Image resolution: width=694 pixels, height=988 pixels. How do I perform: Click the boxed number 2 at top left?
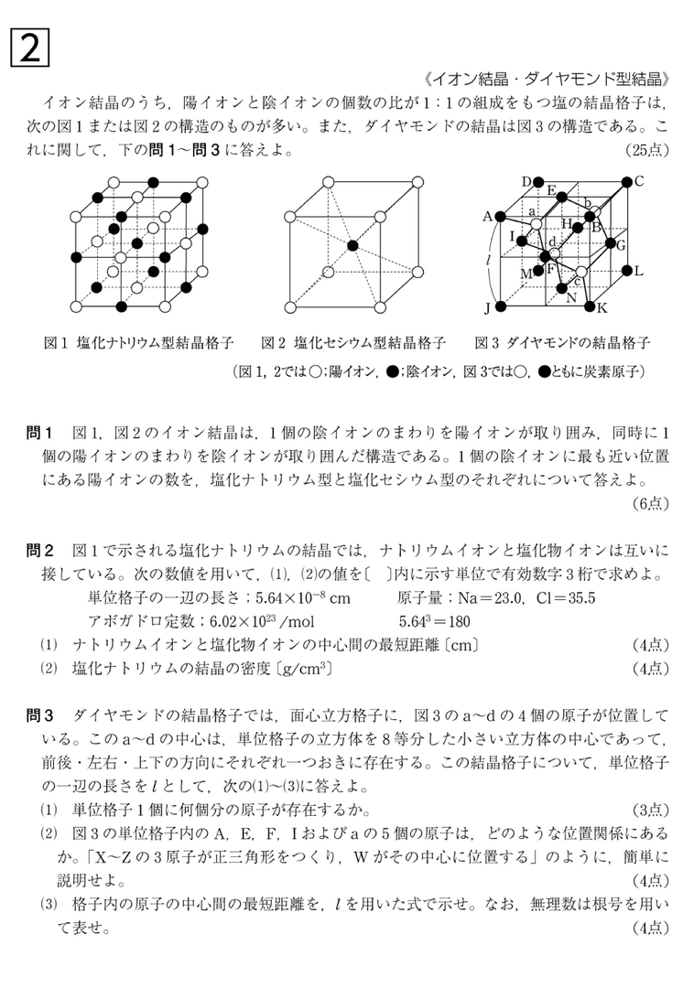click(29, 48)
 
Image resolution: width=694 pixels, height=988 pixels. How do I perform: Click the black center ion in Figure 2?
click(352, 246)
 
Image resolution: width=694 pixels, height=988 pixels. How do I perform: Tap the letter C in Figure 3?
click(640, 180)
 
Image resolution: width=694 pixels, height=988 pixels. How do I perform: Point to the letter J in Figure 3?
click(487, 307)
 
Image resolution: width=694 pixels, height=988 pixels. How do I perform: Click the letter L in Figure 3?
click(638, 271)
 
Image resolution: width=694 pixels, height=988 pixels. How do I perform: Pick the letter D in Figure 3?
click(527, 181)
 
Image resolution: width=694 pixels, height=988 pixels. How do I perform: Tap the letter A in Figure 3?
click(487, 217)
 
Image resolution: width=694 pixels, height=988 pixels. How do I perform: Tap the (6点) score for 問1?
click(651, 502)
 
